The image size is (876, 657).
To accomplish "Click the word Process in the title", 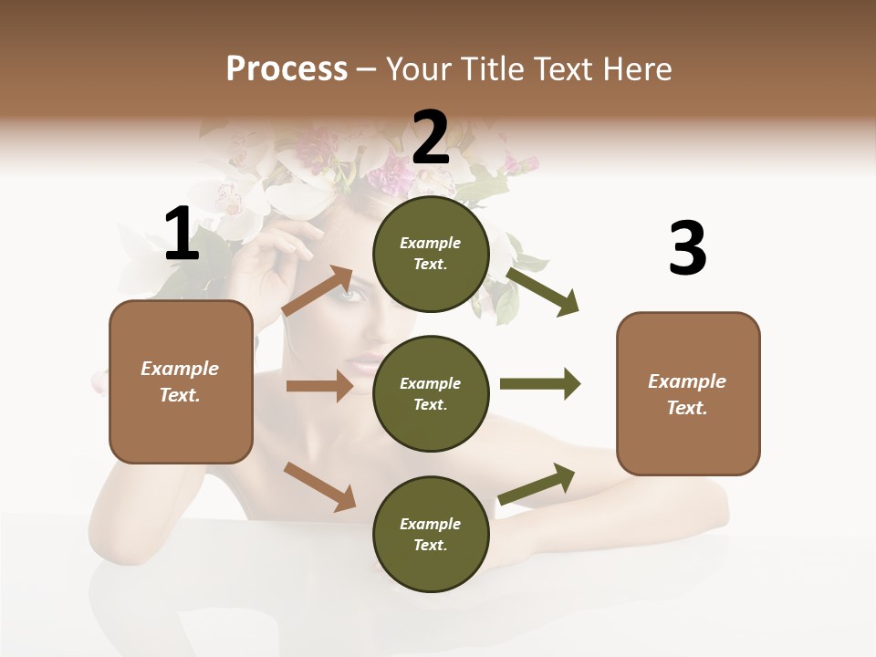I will point(287,69).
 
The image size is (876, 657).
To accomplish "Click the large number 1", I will point(182,235).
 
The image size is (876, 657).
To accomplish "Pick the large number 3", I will point(688,250).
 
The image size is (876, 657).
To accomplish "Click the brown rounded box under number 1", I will point(181,381).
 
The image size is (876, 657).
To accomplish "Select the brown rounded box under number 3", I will point(688,393).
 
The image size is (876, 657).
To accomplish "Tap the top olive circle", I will point(431,254).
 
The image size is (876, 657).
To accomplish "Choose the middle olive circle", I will point(431,393).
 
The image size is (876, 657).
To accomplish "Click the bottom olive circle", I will point(431,534).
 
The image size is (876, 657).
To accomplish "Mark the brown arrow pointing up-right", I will point(318,291).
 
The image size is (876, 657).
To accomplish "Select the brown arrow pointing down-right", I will point(319,485).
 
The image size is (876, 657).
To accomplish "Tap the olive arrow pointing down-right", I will point(542,291).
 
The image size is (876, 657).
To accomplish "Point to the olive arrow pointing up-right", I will point(537,484).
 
